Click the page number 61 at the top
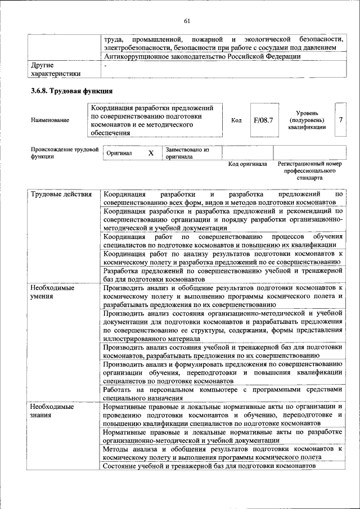[187, 21]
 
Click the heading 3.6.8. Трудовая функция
[72, 91]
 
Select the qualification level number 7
[341, 120]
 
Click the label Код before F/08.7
[236, 120]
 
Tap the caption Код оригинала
[247, 164]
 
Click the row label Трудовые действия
[61, 195]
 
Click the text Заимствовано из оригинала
[187, 153]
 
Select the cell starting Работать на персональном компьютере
[223, 393]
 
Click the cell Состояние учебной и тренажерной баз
[209, 466]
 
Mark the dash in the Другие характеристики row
[105, 65]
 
